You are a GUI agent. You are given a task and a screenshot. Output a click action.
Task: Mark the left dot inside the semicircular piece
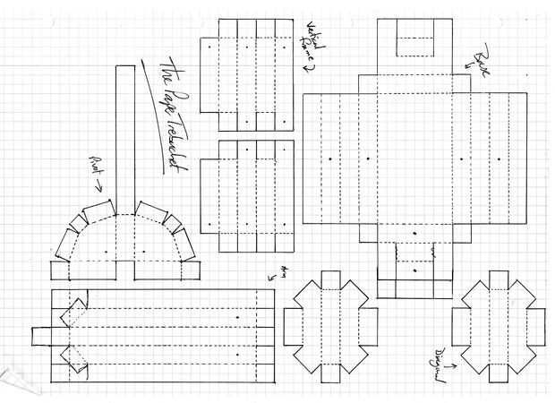point(106,253)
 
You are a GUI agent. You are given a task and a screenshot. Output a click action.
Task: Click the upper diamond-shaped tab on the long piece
point(73,312)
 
